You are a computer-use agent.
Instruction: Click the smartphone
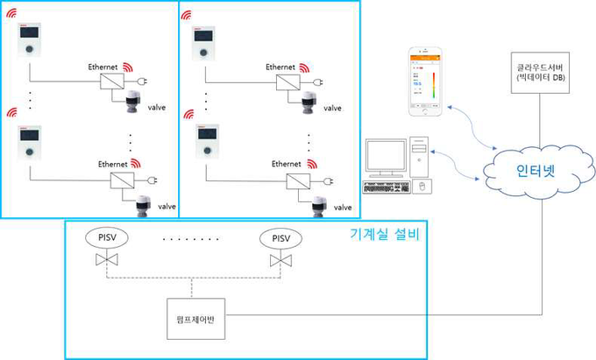pyautogui.click(x=428, y=84)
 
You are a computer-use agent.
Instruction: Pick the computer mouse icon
pyautogui.click(x=422, y=187)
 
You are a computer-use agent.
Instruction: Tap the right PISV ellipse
pyautogui.click(x=280, y=237)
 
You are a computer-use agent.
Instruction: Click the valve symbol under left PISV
pyautogui.click(x=108, y=262)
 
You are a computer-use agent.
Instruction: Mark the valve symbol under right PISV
pyautogui.click(x=280, y=262)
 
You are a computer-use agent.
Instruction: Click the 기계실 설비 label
pyautogui.click(x=385, y=234)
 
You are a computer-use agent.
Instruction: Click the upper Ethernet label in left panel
pyautogui.click(x=104, y=67)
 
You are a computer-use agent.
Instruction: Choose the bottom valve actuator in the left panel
pyautogui.click(x=141, y=208)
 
